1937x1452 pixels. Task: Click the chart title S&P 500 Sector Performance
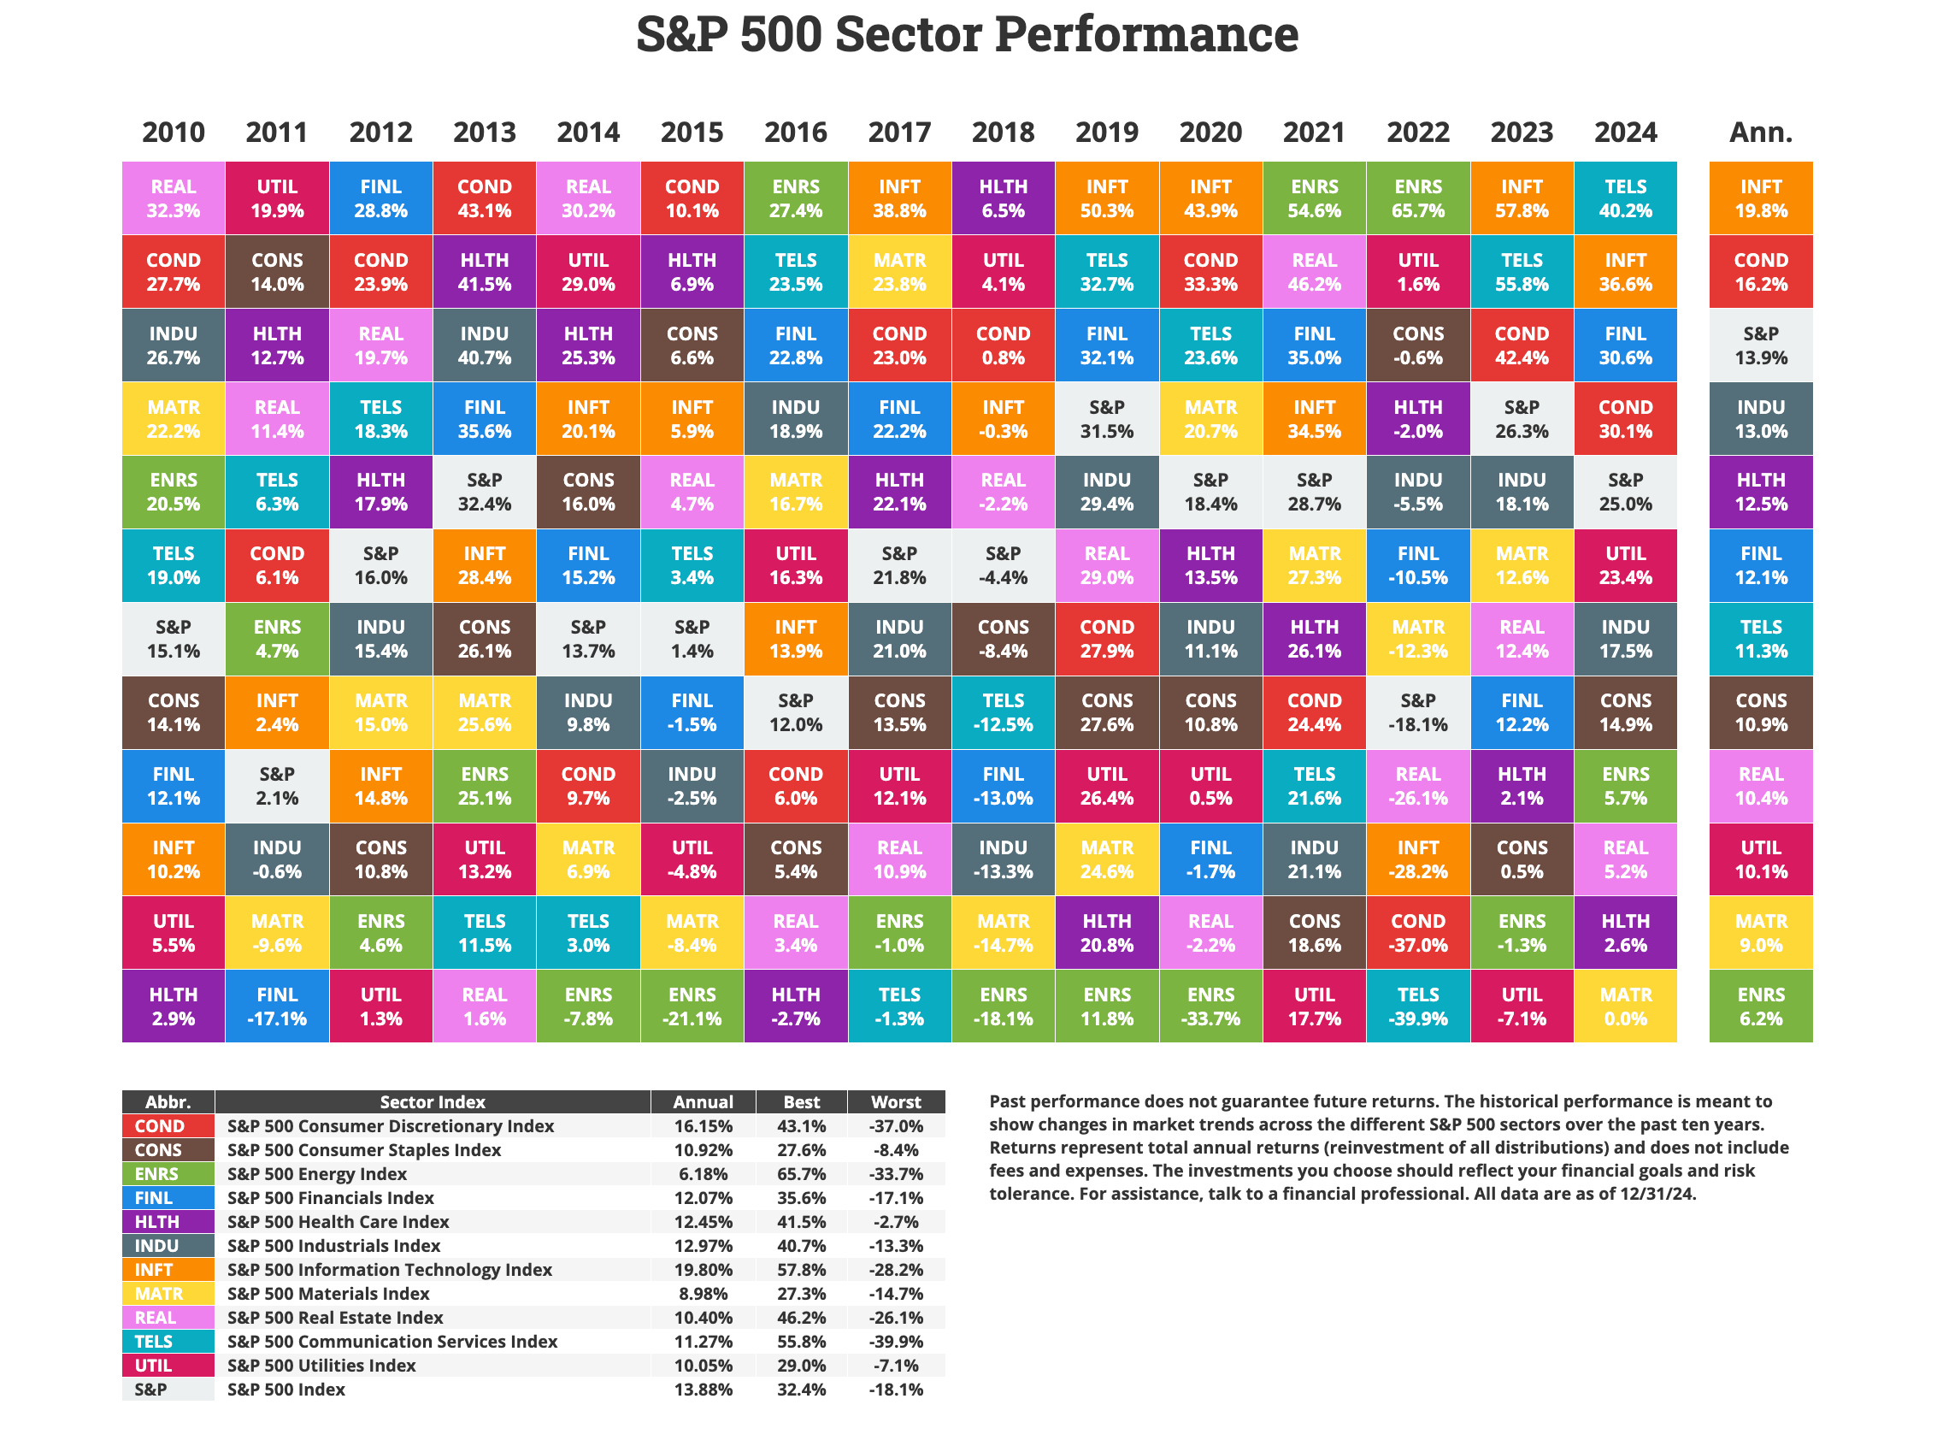967,35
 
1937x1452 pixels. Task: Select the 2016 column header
795,133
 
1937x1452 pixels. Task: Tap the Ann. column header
1760,133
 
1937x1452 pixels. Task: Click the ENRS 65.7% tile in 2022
1418,198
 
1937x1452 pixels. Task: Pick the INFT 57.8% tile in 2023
1521,198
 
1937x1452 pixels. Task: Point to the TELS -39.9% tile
1418,1006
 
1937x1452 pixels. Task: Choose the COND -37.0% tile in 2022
1418,933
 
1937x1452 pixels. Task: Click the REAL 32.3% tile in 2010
174,198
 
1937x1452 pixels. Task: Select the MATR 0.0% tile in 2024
1625,1006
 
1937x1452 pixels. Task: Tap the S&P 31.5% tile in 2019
1107,419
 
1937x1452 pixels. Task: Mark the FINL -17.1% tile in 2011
277,1006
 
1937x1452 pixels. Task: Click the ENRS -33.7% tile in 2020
1210,1006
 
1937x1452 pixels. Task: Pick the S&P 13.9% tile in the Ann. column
1760,345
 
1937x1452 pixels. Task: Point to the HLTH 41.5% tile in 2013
484,271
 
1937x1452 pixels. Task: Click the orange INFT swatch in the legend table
168,1269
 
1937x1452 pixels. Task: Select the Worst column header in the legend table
896,1101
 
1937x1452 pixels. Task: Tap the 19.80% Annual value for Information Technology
703,1269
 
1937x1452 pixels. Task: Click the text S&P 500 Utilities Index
321,1365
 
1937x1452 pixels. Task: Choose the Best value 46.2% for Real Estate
800,1317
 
